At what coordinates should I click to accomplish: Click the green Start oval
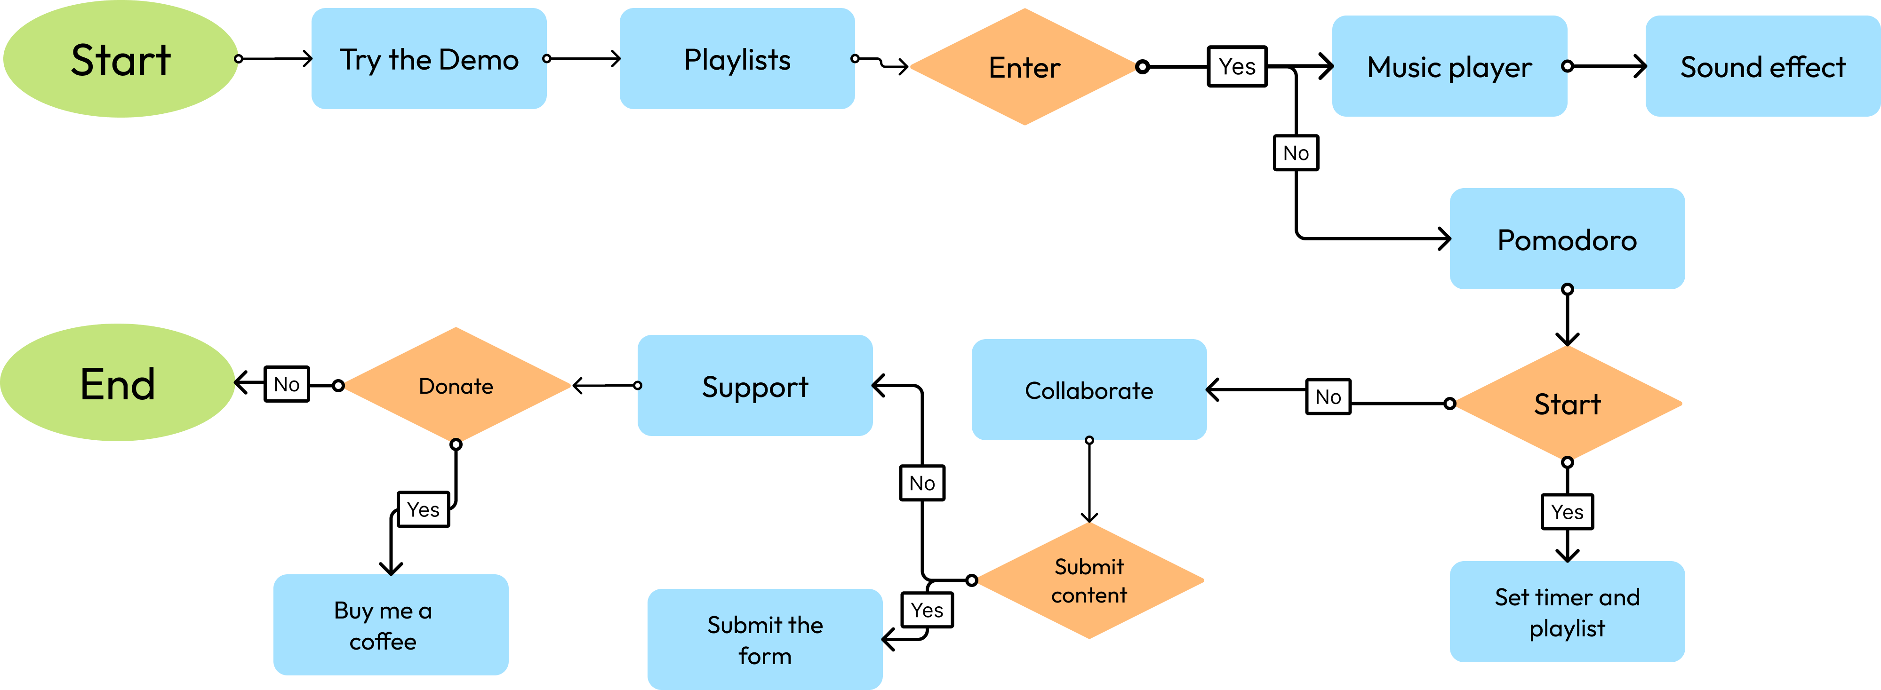[x=120, y=59]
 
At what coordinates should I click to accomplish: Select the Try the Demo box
[x=429, y=59]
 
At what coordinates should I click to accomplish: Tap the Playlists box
[x=737, y=59]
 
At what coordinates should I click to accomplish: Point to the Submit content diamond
[x=1088, y=580]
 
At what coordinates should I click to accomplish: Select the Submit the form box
[x=765, y=640]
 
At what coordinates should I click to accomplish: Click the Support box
[x=754, y=386]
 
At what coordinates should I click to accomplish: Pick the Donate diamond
[x=456, y=386]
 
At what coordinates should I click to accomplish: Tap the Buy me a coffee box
[x=391, y=625]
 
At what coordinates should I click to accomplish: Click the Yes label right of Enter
[x=1237, y=66]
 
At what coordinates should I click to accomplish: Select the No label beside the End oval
[x=286, y=384]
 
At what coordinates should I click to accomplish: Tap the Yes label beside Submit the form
[x=927, y=610]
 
